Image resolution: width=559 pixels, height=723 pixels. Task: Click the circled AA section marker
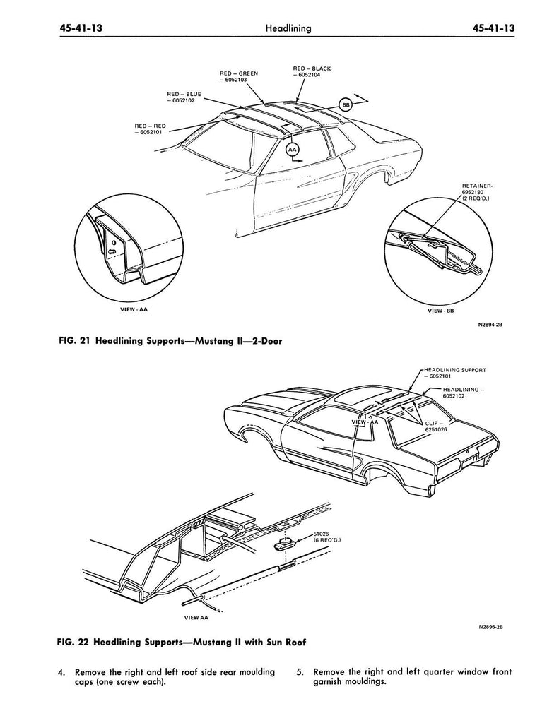tap(293, 150)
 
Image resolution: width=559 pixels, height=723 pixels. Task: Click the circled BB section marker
tap(346, 104)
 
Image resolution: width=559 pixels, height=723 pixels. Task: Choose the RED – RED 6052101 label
tap(151, 129)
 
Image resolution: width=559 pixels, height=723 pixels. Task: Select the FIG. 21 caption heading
tap(170, 340)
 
